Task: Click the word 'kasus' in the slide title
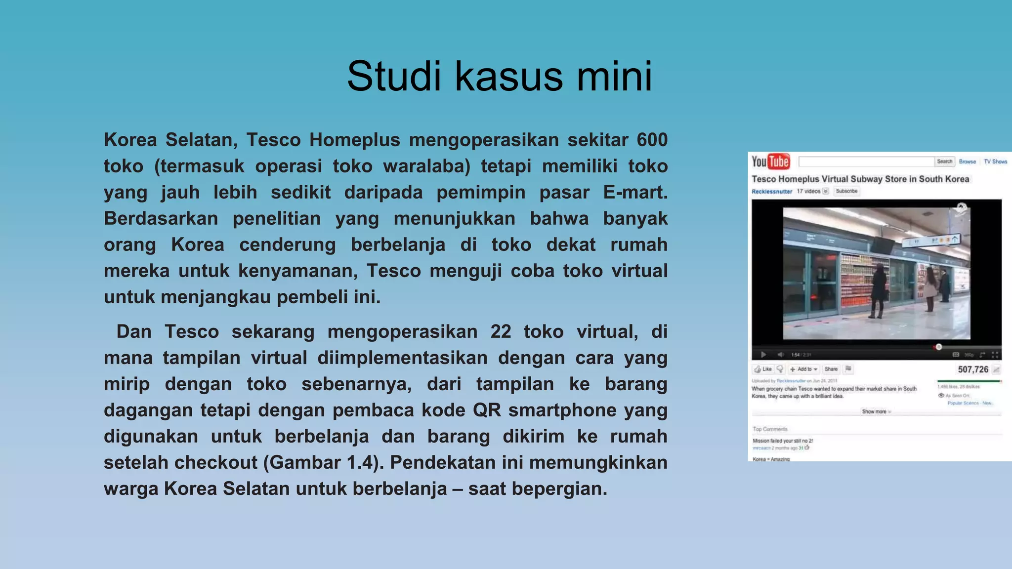coord(508,77)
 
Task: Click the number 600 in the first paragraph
coord(652,140)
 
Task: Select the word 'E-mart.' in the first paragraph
coord(635,192)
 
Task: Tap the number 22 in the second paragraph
coord(501,331)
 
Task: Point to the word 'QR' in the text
coord(487,410)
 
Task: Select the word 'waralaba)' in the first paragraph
coord(426,166)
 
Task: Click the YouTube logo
coord(770,162)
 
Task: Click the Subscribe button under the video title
coord(846,191)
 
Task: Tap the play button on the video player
coord(763,355)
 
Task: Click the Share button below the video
coord(831,369)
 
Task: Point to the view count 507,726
coord(973,369)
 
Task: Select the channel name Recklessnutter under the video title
coord(771,192)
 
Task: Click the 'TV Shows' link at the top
coord(995,162)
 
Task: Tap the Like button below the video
coord(763,369)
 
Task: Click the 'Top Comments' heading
coord(770,429)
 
